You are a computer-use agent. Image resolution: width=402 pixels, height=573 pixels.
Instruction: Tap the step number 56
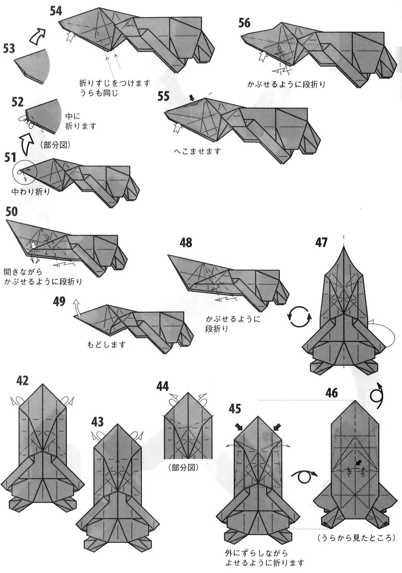[x=244, y=23]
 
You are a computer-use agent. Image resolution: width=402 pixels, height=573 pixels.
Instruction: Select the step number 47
[x=322, y=242]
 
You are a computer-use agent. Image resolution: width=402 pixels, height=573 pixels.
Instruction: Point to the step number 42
[x=23, y=380]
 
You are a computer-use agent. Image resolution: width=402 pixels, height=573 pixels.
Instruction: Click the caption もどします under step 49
[x=107, y=344]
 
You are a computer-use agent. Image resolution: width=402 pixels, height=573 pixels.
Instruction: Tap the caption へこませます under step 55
[x=197, y=151]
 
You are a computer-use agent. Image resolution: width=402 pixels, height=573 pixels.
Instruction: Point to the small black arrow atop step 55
[x=192, y=97]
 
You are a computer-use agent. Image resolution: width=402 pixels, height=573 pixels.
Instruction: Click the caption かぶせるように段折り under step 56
[x=286, y=84]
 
